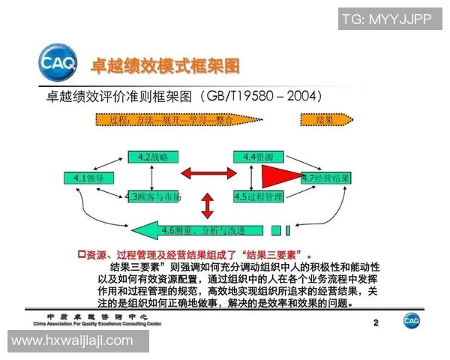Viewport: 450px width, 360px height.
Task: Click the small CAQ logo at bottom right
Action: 412,320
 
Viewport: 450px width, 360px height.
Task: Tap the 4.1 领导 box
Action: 84,178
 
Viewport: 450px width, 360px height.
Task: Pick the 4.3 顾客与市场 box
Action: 154,197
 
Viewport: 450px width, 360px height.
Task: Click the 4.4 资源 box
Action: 257,157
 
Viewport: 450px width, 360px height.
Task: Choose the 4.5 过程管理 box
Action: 257,197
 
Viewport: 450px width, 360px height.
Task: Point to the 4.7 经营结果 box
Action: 325,178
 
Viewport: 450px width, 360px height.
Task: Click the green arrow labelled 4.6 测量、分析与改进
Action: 202,229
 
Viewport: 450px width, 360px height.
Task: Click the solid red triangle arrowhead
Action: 280,178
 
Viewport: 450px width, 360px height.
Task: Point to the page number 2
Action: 376,323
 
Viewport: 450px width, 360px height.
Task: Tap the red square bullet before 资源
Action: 82,254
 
